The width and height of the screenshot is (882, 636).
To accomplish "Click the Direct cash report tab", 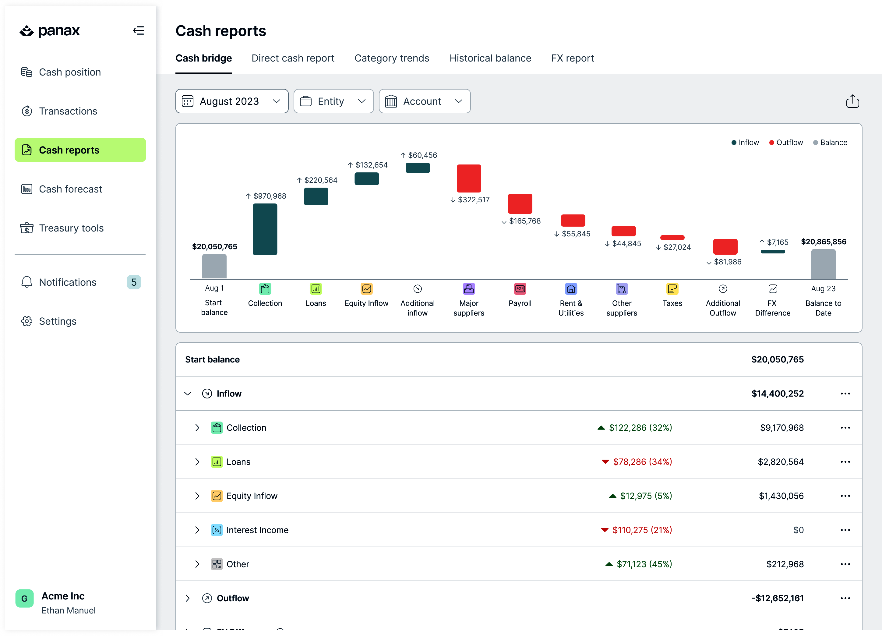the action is [x=293, y=58].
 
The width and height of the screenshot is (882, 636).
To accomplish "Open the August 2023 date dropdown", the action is [x=232, y=101].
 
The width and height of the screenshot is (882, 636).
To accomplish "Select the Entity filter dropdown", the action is [x=333, y=101].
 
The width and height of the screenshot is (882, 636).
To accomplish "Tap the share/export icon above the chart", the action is [x=852, y=101].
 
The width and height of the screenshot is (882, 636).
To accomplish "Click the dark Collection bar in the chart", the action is [x=265, y=229].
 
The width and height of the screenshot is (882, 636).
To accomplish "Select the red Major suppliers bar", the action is [x=469, y=178].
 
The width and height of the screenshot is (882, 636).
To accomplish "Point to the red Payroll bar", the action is [x=520, y=203].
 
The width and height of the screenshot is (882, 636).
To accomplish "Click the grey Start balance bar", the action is [x=214, y=267].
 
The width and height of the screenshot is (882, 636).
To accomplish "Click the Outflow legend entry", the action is [x=786, y=142].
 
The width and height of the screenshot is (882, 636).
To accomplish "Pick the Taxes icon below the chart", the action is [x=672, y=289].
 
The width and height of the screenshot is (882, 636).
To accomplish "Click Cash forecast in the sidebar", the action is [x=70, y=189].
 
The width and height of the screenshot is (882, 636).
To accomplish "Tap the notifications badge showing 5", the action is [x=134, y=282].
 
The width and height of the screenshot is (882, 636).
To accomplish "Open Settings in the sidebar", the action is [x=58, y=321].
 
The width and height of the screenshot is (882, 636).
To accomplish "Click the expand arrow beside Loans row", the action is [x=197, y=462].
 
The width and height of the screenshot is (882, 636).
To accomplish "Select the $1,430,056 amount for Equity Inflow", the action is [x=781, y=496].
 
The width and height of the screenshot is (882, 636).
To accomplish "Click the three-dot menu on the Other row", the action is [x=845, y=564].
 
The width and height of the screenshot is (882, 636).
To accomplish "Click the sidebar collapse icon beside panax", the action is [x=139, y=30].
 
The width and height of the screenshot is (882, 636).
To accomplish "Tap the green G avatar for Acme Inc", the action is [x=24, y=598].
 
